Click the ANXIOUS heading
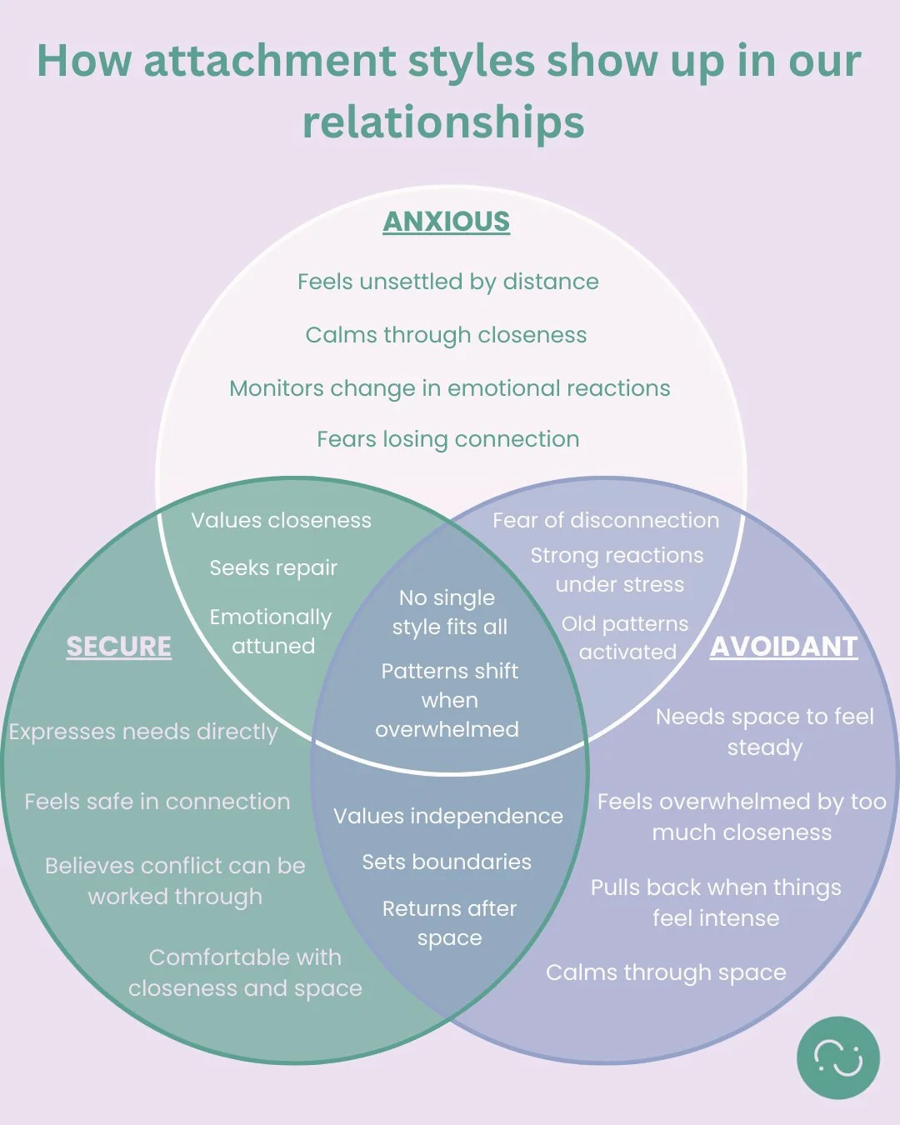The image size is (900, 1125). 446,222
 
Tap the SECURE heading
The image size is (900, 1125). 118,647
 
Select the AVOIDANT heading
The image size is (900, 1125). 783,647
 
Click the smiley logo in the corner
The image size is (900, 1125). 837,1057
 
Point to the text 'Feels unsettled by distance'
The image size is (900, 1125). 447,282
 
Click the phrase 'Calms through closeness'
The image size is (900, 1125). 446,335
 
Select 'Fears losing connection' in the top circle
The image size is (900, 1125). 447,439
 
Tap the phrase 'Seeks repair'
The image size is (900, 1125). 273,568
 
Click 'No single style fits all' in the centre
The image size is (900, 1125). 449,612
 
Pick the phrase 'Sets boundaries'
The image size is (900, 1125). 447,862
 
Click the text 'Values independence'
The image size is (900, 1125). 448,816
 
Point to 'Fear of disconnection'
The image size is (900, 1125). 605,520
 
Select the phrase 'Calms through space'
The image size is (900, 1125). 666,972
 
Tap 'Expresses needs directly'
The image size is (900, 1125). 143,732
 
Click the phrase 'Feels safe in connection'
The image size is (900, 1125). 157,802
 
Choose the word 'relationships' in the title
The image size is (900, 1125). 443,122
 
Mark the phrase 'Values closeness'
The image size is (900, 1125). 281,520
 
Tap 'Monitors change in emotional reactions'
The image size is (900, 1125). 449,388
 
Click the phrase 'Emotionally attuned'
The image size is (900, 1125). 271,632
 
